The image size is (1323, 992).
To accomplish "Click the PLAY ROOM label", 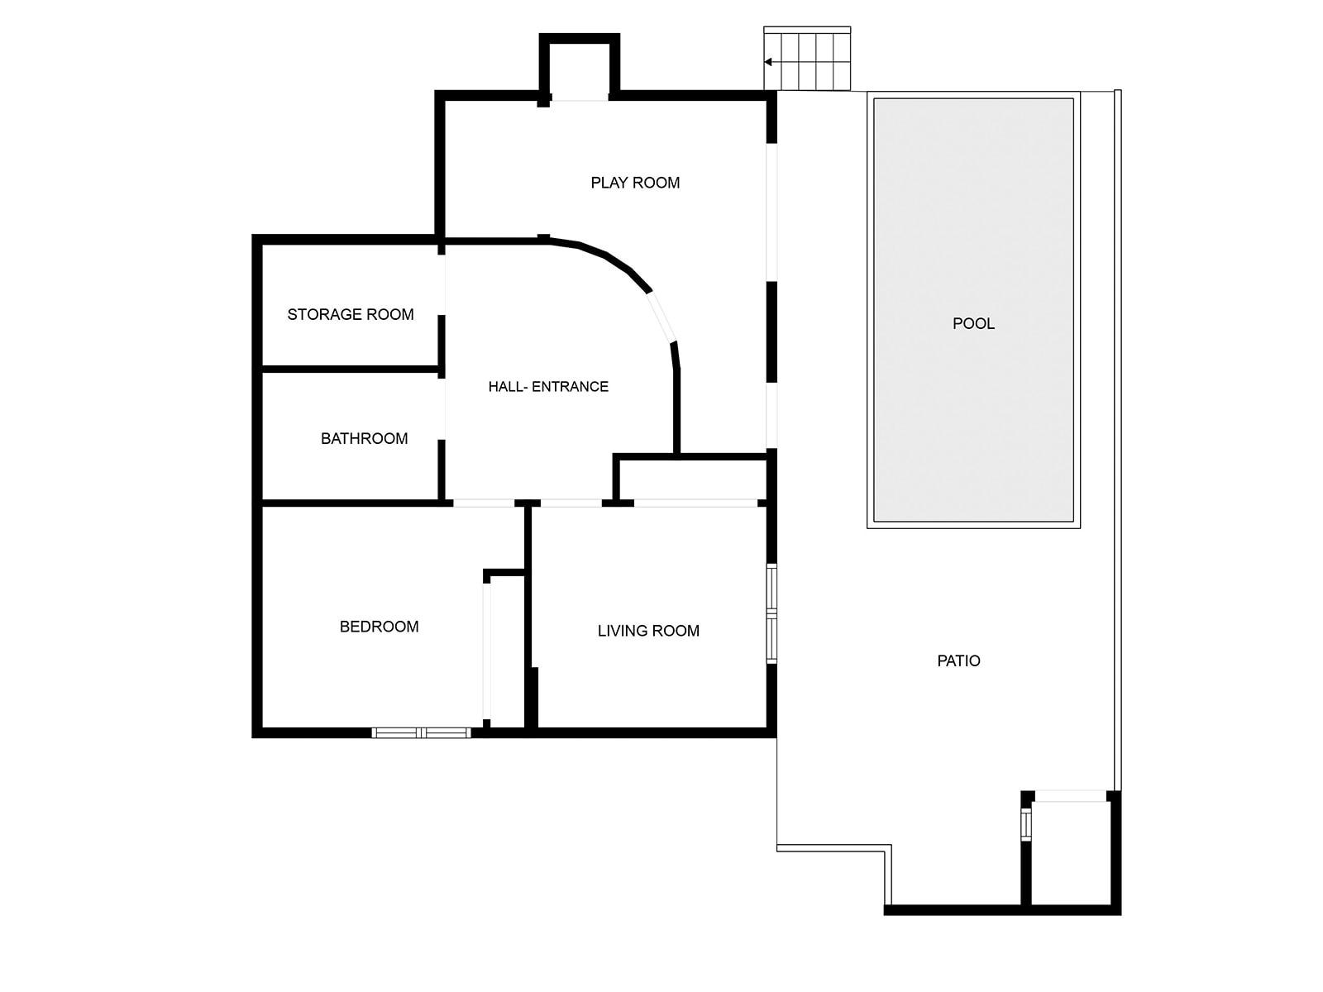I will pos(635,183).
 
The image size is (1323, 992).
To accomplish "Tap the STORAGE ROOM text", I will pos(351,314).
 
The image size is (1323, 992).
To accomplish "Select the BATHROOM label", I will pos(364,438).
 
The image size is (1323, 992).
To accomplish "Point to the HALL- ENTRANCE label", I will pos(548,386).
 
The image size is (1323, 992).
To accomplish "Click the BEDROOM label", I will pos(379,627).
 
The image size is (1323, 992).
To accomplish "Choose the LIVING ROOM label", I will pos(648,631).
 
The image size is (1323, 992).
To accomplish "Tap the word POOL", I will pos(973,323).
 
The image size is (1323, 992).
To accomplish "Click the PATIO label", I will pos(958,661).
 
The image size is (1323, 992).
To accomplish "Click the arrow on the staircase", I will pos(768,61).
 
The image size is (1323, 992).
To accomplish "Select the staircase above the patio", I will pos(808,59).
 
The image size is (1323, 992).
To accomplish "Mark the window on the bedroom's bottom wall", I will pos(421,732).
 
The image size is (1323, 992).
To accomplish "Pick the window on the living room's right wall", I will pos(771,614).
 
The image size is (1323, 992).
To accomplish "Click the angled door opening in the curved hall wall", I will pos(662,317).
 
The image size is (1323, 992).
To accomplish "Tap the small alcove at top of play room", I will pos(580,70).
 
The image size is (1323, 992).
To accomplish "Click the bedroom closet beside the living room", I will pos(505,650).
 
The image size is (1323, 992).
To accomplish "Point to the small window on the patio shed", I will pos(1026,824).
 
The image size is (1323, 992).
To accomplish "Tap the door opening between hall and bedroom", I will pos(484,503).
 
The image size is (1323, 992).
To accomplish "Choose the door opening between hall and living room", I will pos(571,503).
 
